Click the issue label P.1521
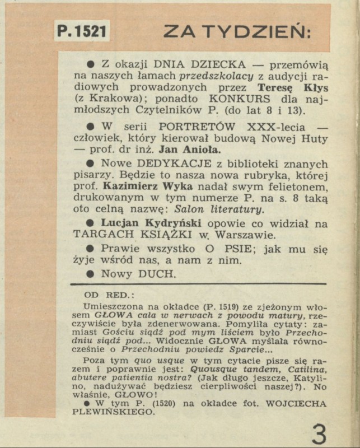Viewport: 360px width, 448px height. tap(82, 31)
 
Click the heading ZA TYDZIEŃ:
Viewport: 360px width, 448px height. tap(237, 32)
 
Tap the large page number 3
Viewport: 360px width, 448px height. tap(319, 434)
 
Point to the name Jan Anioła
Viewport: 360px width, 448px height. tap(190, 150)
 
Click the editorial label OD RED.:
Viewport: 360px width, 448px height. tap(105, 295)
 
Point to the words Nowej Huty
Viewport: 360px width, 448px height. tap(299, 138)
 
